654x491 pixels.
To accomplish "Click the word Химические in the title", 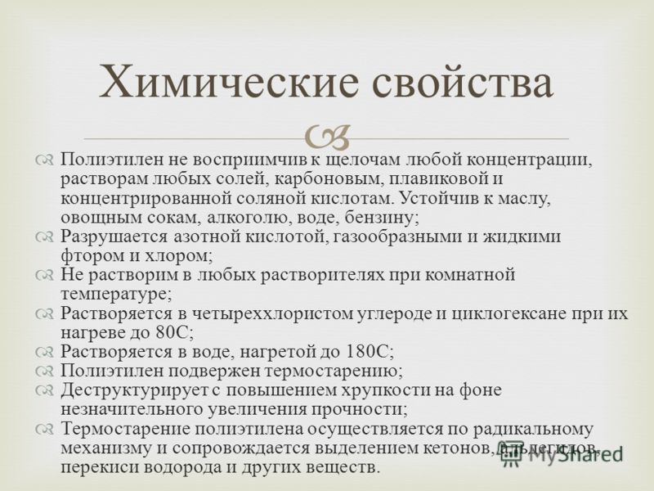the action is (x=229, y=81).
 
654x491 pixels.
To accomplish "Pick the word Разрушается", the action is (x=114, y=237).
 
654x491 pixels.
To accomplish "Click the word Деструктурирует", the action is (x=134, y=390).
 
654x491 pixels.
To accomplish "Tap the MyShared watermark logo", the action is (x=561, y=453).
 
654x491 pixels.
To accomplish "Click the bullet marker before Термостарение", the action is (x=44, y=429).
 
